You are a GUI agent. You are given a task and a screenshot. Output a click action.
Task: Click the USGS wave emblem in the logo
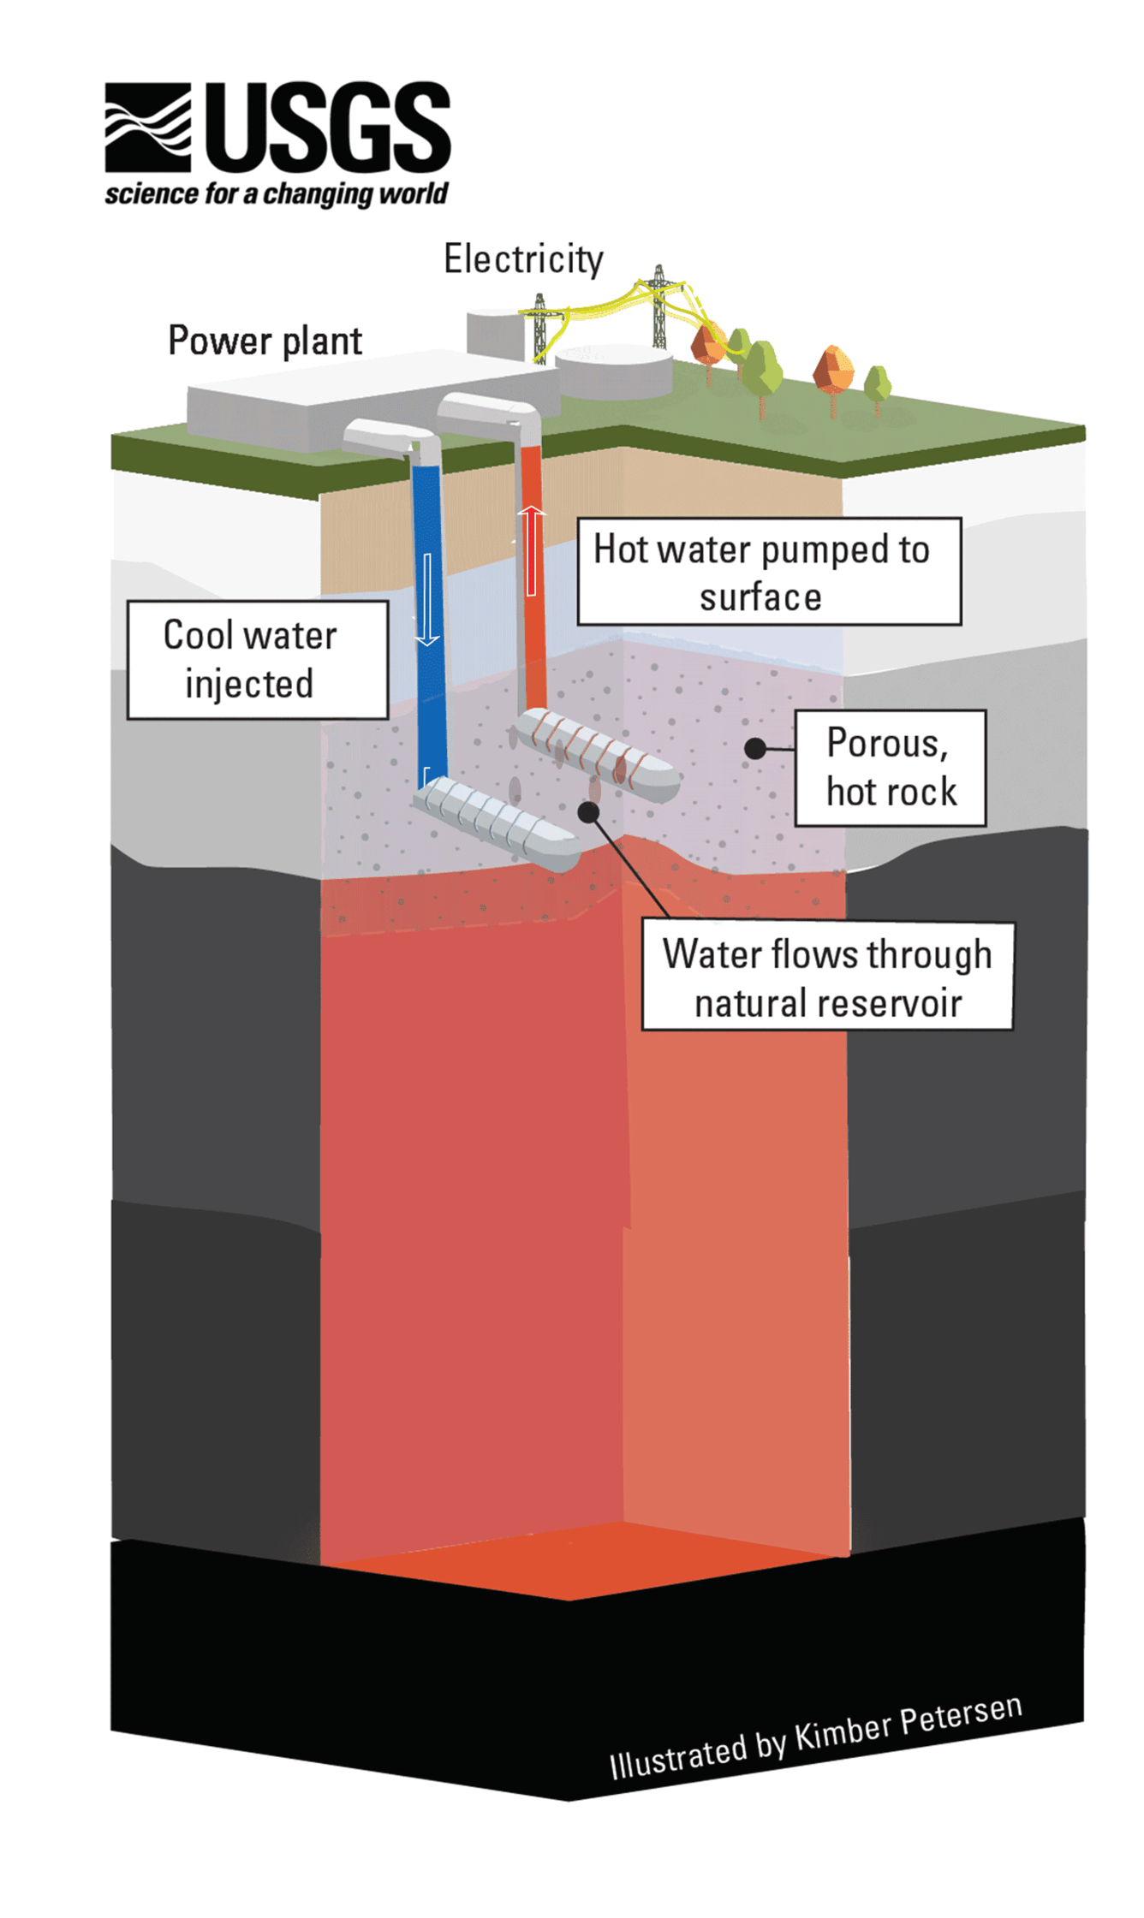coord(147,127)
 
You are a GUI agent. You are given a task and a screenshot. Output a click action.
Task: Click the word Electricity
coord(523,258)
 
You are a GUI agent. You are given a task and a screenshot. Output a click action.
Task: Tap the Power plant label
coord(265,341)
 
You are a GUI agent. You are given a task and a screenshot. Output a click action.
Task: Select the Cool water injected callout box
coord(257,659)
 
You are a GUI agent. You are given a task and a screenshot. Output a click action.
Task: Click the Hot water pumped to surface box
coord(768,571)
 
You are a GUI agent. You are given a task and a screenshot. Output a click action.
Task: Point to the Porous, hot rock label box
coord(890,767)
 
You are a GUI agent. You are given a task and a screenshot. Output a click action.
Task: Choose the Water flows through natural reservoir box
coord(827,977)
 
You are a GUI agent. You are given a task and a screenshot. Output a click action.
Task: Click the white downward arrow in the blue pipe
coord(427,599)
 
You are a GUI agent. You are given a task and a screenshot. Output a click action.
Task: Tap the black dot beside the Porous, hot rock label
coord(754,749)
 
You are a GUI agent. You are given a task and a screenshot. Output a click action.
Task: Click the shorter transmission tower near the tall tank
coord(539,327)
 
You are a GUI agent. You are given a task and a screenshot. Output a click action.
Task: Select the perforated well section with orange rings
coord(596,754)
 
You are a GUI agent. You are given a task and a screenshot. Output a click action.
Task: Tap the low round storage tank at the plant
coord(614,372)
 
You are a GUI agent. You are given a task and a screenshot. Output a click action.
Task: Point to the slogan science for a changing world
coord(277,194)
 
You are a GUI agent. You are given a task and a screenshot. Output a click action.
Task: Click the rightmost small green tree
coord(877,387)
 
